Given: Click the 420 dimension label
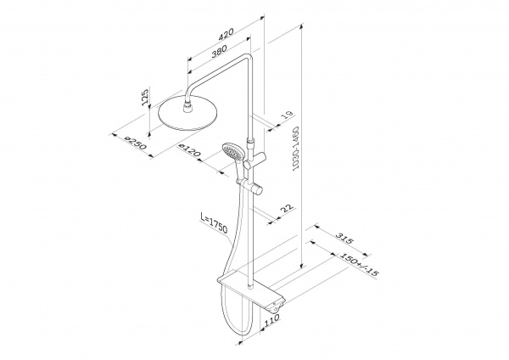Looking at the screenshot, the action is point(226,34).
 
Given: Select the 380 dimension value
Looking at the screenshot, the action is point(219,51).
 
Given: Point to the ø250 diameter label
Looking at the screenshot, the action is point(136,143).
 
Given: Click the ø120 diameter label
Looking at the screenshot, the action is point(190,150).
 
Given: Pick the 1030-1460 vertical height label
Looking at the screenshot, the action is point(295,149).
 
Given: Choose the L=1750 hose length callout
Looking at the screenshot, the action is point(214,224).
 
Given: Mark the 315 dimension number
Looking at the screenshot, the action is point(344,239).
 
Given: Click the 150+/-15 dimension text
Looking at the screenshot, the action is point(359,264).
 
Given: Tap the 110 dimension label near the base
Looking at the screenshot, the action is point(271,320).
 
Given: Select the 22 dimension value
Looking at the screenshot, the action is point(287,208).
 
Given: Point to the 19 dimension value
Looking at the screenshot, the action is point(287,115).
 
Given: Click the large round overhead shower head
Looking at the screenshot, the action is point(187,114).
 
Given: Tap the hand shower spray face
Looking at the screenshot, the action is point(231,151).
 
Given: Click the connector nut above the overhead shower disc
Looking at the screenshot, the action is point(187,108).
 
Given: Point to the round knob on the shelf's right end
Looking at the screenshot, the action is point(276,305).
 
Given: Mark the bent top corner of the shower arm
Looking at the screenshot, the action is point(248,57).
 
